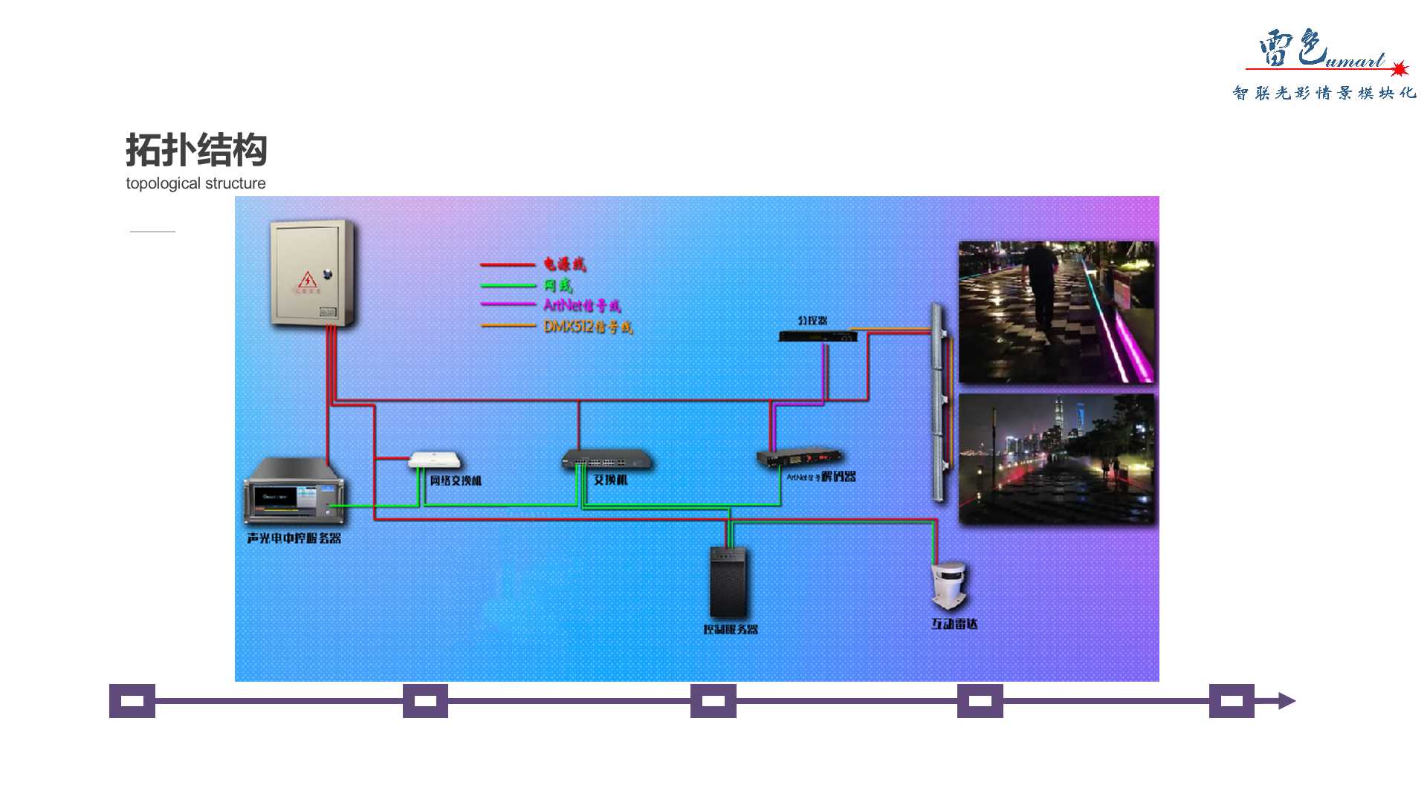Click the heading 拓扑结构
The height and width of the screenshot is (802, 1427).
click(196, 150)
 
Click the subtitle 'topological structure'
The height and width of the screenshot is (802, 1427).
click(195, 183)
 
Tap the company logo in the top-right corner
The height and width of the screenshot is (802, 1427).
click(1323, 64)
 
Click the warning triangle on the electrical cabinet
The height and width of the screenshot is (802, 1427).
click(308, 280)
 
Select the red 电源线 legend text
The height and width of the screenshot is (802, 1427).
click(564, 264)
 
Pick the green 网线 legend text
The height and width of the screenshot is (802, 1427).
click(557, 285)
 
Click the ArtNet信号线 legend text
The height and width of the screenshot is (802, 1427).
click(582, 305)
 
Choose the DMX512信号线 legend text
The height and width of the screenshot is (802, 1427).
click(588, 327)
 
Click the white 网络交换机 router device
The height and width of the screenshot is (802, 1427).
click(435, 460)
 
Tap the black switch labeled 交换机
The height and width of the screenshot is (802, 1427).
click(606, 460)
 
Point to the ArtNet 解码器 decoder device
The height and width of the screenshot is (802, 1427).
click(800, 457)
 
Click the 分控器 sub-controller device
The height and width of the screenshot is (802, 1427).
click(818, 336)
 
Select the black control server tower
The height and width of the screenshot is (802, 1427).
click(728, 582)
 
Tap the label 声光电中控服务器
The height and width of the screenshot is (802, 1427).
click(294, 538)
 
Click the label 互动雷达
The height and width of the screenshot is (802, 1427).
click(954, 625)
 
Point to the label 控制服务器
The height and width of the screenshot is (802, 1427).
click(731, 630)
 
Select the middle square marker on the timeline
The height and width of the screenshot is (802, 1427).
click(713, 701)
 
